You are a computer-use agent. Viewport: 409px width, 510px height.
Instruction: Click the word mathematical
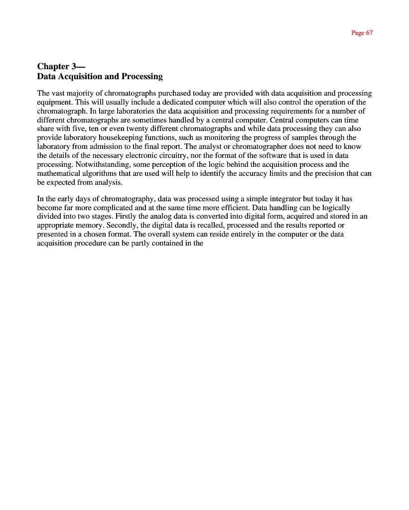click(x=60, y=173)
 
